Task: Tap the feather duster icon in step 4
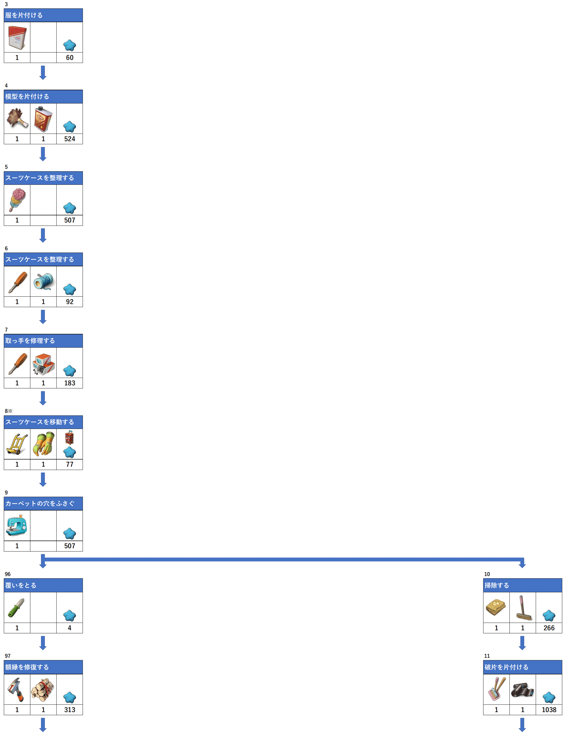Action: coord(17,118)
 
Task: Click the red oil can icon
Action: coord(43,119)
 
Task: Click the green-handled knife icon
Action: coord(16,608)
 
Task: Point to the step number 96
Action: coord(8,574)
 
